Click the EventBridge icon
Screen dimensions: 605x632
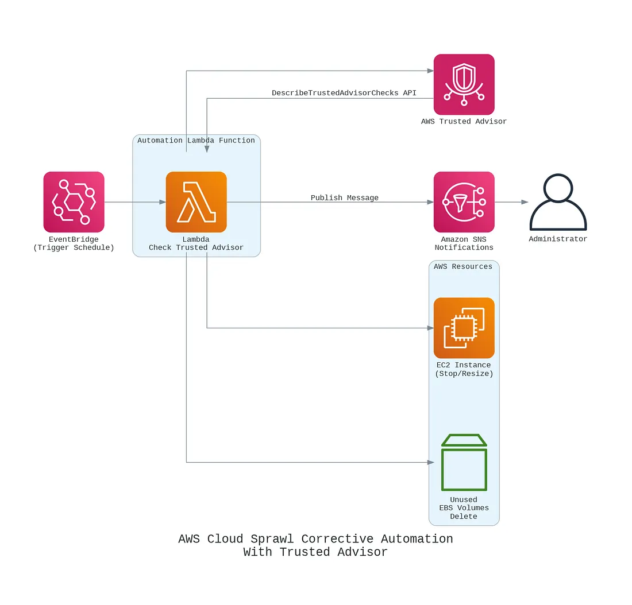(74, 201)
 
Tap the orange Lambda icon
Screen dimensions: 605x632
(196, 201)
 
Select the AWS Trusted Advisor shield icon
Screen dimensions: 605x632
(464, 84)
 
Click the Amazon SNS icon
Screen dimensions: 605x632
(464, 201)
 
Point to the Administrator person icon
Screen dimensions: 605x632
(558, 202)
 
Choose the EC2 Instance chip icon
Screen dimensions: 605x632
(464, 328)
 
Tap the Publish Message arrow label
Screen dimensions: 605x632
(344, 197)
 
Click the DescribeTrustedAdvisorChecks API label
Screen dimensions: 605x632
(344, 92)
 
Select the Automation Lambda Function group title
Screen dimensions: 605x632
(196, 140)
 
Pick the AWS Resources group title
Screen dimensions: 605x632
(463, 266)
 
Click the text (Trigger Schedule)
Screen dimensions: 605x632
(74, 247)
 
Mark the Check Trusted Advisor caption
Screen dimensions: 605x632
(196, 247)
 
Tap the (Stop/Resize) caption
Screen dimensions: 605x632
(464, 373)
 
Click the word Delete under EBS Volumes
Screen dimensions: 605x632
(464, 516)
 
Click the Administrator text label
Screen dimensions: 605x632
(558, 239)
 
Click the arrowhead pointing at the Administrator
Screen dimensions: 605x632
(525, 202)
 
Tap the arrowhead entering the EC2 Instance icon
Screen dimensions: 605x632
(430, 328)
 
